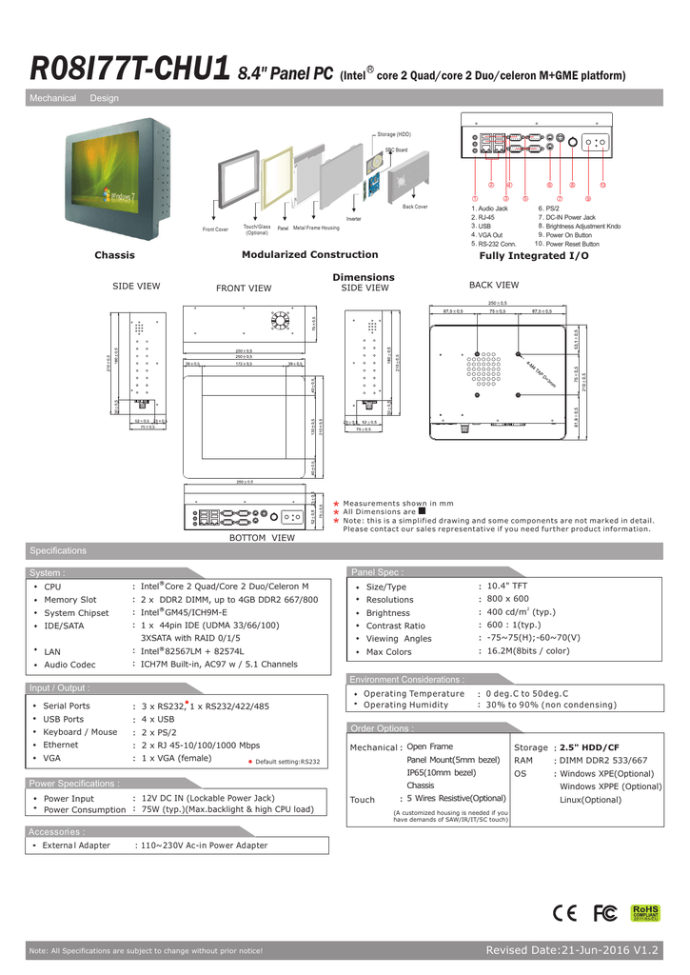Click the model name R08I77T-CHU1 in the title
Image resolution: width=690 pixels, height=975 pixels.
pyautogui.click(x=129, y=69)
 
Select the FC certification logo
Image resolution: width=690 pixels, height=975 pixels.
pyautogui.click(x=604, y=913)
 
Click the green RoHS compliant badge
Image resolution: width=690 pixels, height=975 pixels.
pyautogui.click(x=646, y=913)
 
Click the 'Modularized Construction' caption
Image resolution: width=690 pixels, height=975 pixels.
pyautogui.click(x=310, y=254)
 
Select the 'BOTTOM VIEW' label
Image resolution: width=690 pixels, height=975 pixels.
pyautogui.click(x=263, y=538)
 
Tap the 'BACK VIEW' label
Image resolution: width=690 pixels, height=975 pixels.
pyautogui.click(x=494, y=285)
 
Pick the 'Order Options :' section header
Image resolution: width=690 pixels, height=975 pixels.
pyautogui.click(x=381, y=728)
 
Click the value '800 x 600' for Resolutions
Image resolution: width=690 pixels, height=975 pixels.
pyautogui.click(x=507, y=600)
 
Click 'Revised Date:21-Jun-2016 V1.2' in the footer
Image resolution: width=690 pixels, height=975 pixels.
pyautogui.click(x=572, y=950)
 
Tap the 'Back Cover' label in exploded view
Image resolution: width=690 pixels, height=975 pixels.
pyautogui.click(x=415, y=207)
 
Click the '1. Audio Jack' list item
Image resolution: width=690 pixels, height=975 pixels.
pyautogui.click(x=490, y=208)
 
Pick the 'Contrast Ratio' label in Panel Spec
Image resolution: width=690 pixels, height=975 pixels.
pyautogui.click(x=396, y=626)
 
